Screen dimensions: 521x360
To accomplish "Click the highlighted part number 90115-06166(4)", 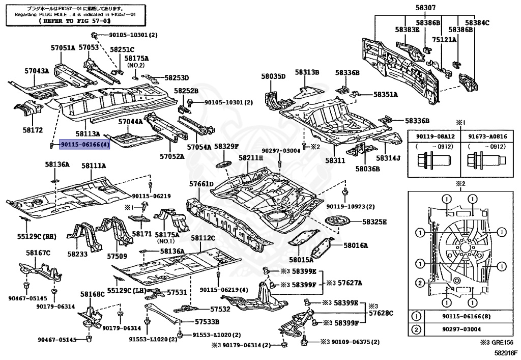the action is coord(84,145).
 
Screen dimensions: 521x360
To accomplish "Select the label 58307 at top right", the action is coord(425,8).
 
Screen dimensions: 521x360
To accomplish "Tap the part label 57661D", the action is coord(201,184).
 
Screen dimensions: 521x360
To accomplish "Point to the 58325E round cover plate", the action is coord(338,222).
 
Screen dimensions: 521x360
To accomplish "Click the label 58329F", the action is coord(226,146).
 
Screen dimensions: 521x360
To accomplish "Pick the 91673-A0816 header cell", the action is coord(488,136).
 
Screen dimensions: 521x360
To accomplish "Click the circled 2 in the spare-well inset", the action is coord(420,283).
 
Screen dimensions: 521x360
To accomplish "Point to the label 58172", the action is coord(33,130).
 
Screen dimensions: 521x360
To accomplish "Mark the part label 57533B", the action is coord(207,322).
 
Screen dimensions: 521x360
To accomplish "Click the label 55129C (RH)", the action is coord(37,237).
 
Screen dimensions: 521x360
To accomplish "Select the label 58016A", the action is coord(356,245).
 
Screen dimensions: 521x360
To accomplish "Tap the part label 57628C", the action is coord(381,313).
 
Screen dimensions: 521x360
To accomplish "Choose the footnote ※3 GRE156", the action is coord(497,343).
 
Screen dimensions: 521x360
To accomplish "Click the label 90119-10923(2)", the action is coord(350,207).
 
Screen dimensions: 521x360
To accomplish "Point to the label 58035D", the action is coord(273,76).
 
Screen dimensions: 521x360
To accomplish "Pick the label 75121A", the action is coord(444,40).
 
